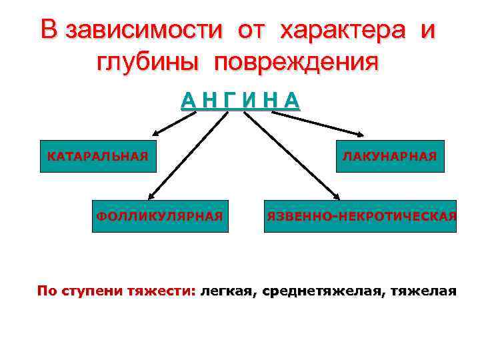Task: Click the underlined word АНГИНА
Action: click(x=241, y=100)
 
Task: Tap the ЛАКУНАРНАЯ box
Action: click(x=389, y=157)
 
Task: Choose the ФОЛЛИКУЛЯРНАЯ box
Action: click(x=160, y=216)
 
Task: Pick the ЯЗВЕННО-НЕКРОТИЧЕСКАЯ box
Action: click(x=361, y=216)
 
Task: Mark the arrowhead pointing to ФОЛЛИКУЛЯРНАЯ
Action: click(x=151, y=196)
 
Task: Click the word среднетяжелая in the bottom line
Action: click(x=321, y=291)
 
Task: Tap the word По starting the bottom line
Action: click(x=47, y=291)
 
